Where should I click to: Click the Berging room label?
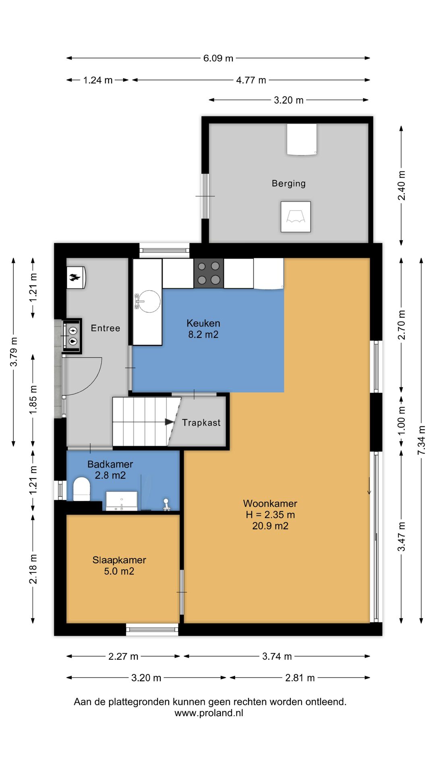(x=288, y=184)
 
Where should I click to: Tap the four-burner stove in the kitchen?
(x=209, y=273)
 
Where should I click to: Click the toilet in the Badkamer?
(x=81, y=489)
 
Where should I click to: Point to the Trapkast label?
(x=201, y=423)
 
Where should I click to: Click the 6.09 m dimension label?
(x=218, y=58)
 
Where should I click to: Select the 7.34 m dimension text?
(x=421, y=440)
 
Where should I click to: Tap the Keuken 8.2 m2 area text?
(x=203, y=335)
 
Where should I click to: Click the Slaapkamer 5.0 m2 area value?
(x=119, y=571)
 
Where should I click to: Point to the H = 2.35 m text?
(x=270, y=515)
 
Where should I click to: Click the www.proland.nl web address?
(x=209, y=713)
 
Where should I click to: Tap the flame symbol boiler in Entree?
(x=76, y=277)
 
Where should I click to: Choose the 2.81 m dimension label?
(x=300, y=678)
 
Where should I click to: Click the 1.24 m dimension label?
(x=98, y=80)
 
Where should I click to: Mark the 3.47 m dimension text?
(x=402, y=537)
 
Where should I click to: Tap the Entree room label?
(x=106, y=329)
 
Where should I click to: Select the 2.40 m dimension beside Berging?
(x=402, y=186)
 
